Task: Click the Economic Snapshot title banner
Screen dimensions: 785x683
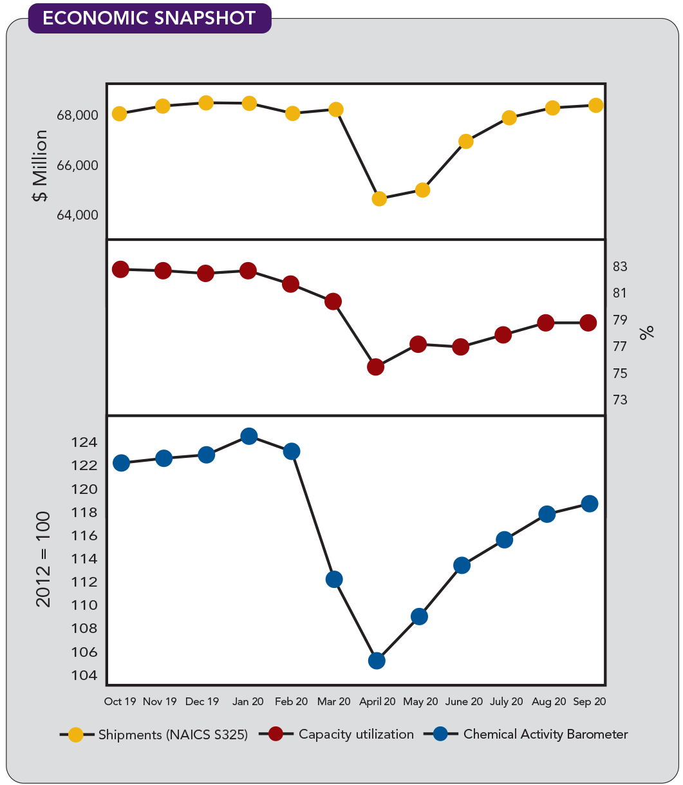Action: coord(149,18)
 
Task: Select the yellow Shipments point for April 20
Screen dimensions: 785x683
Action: coord(379,198)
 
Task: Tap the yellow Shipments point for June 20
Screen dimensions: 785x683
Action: coord(466,141)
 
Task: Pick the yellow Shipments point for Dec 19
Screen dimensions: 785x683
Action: coord(206,103)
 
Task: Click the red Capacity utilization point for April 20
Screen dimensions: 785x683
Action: coord(376,367)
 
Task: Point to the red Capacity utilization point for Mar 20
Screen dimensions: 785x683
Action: coord(333,301)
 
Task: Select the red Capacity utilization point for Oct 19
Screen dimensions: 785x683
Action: coord(120,269)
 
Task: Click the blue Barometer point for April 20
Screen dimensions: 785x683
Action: coord(377,661)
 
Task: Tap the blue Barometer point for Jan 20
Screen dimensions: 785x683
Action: coord(249,436)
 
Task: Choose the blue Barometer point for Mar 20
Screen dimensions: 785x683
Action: coord(334,579)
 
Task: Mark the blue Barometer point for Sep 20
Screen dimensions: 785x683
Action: coord(590,504)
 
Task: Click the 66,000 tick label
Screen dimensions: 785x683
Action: coord(77,166)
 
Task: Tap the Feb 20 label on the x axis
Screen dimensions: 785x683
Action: coord(292,702)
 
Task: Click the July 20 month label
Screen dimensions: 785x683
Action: coord(507,702)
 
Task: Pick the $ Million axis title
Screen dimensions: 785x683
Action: coord(41,166)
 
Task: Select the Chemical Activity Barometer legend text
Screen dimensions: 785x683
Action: coord(545,734)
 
